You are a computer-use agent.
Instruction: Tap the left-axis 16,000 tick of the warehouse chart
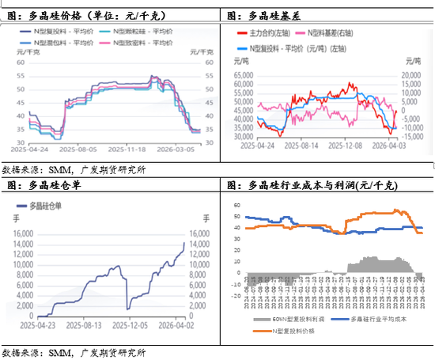click(x=21, y=234)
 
